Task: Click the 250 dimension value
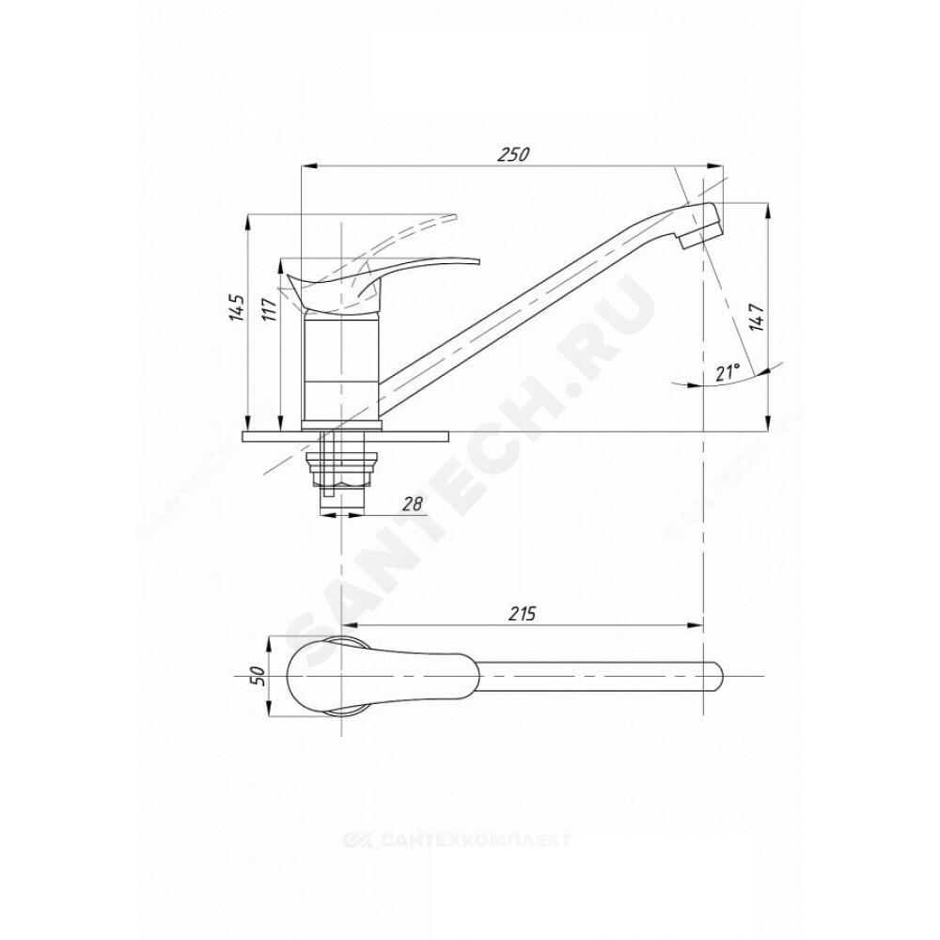514,154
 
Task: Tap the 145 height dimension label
238,307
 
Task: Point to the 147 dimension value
757,317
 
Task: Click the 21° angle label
728,372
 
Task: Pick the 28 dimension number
411,504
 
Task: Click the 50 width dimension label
259,677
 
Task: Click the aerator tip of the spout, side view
702,227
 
